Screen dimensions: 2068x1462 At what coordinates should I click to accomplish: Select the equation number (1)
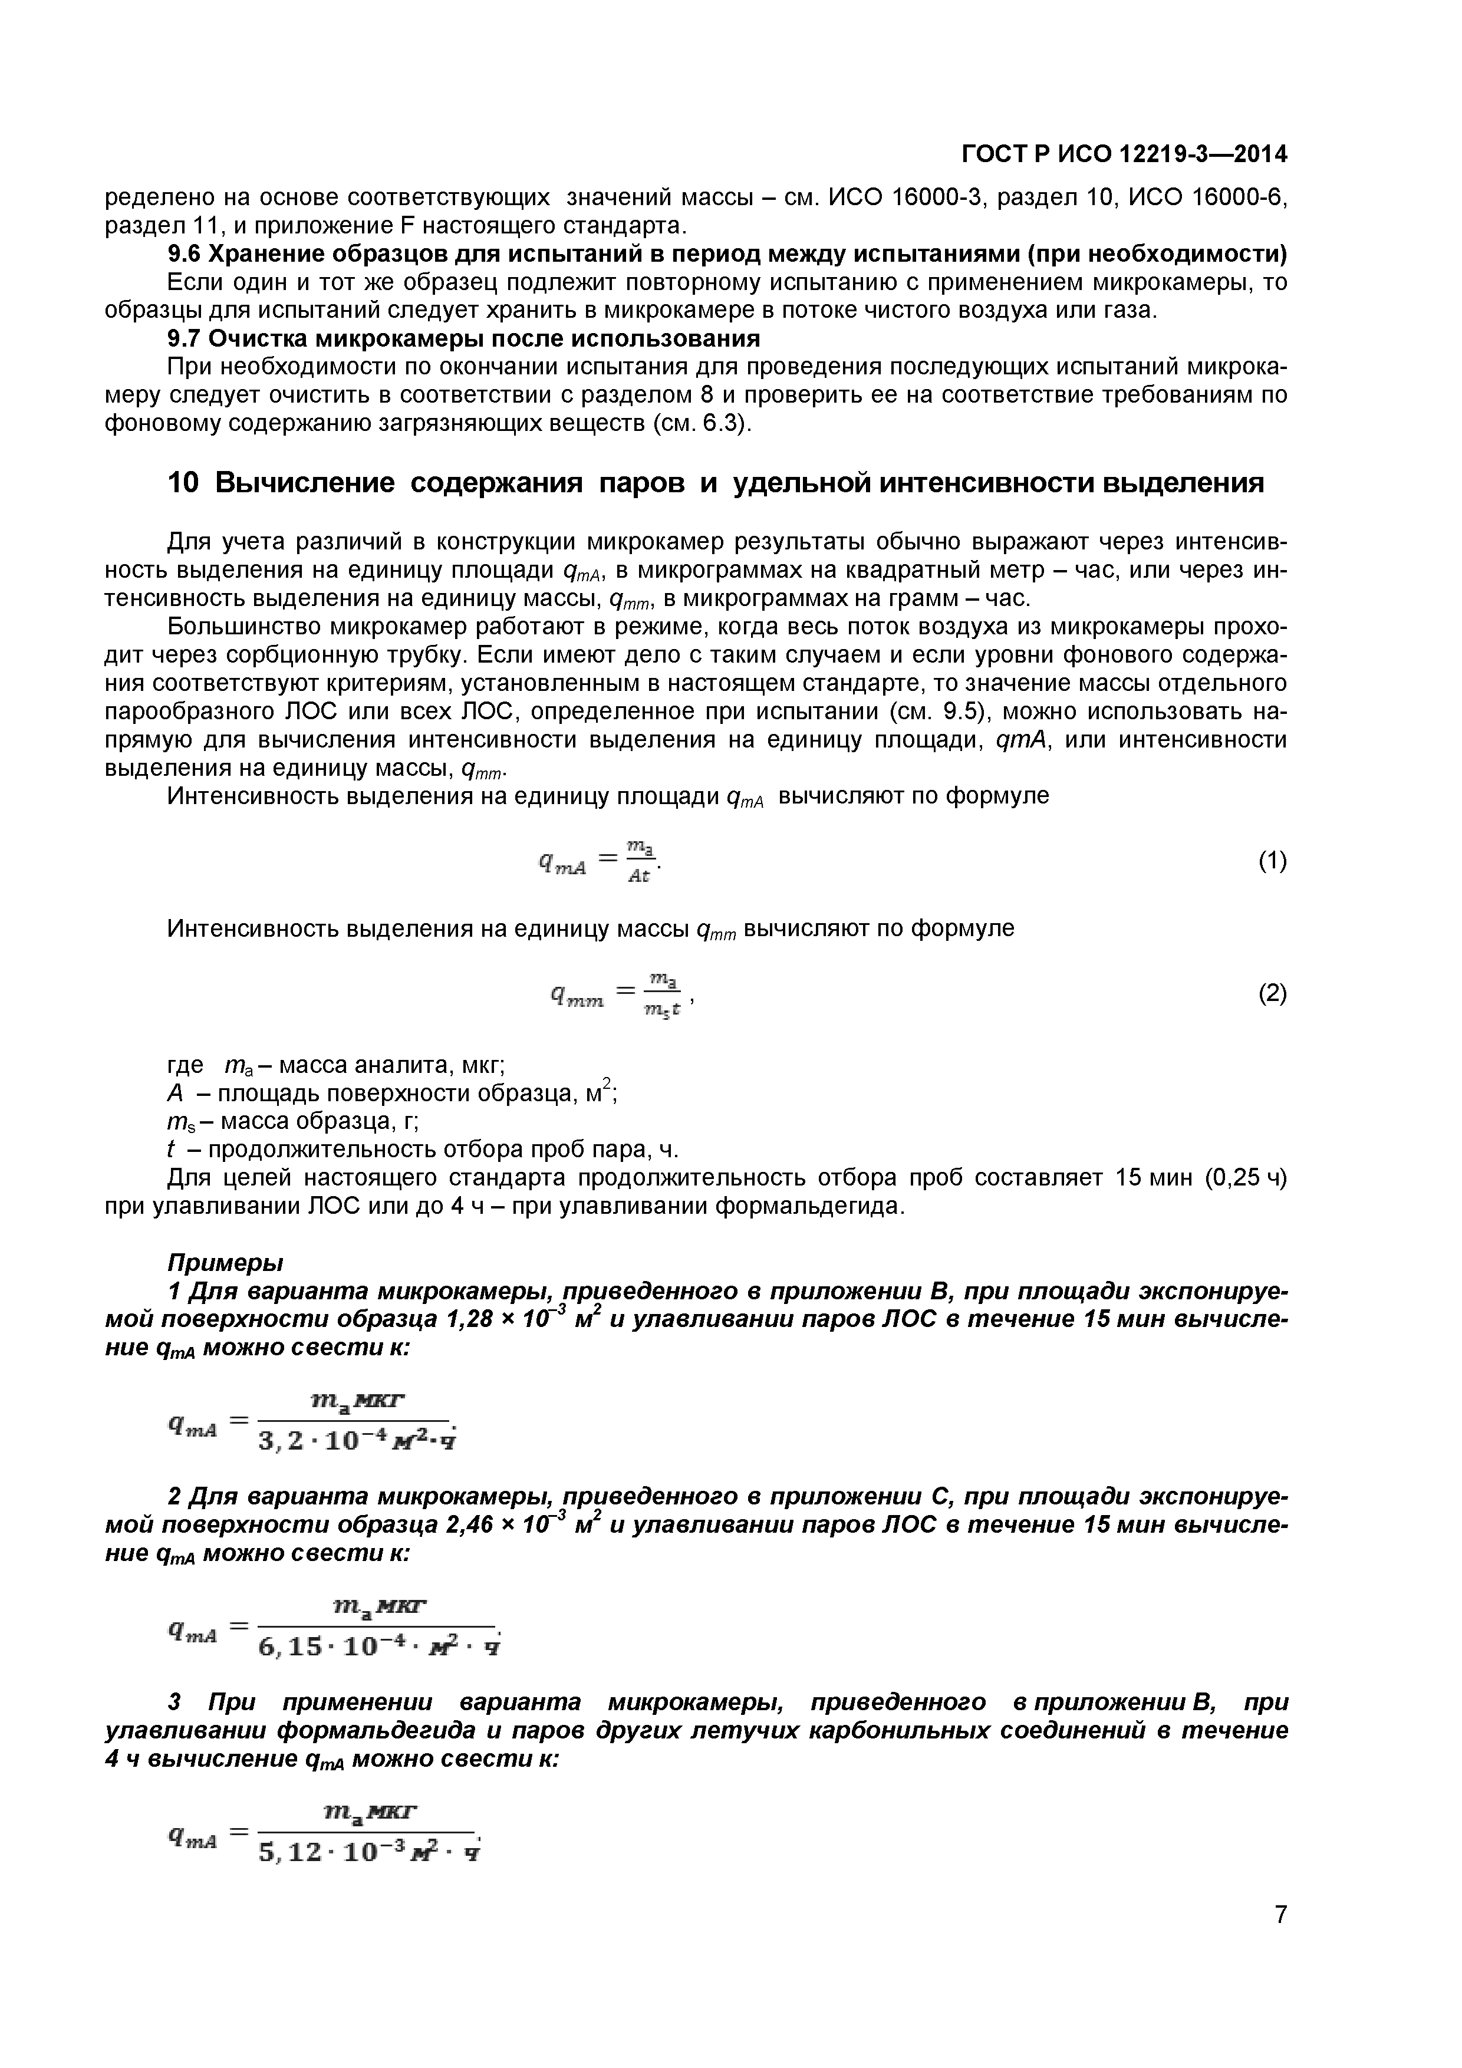pos(1272,862)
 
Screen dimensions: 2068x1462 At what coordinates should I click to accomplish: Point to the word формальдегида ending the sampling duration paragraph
pos(808,1206)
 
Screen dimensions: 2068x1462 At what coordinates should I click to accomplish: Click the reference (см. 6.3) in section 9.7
pos(701,423)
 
